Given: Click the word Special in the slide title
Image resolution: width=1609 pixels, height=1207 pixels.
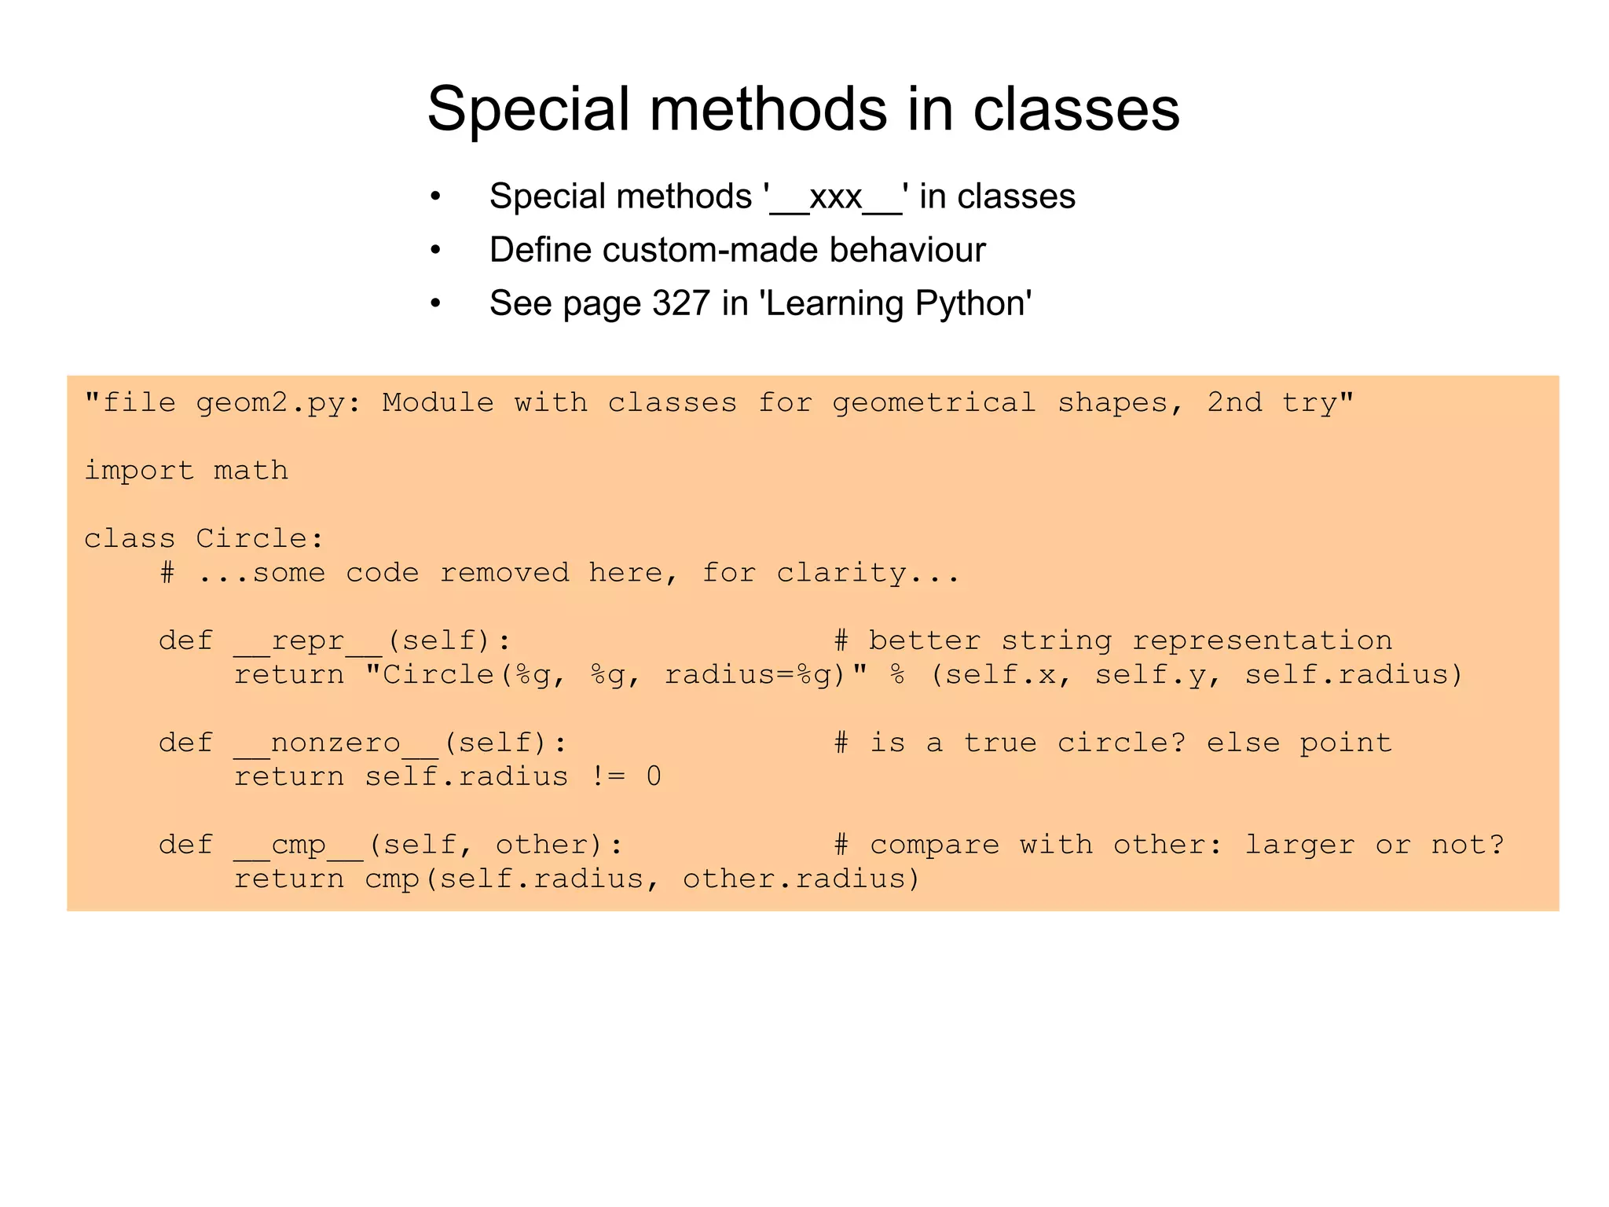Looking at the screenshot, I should tap(529, 110).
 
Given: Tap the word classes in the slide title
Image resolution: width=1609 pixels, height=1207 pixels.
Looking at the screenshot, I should tap(1076, 110).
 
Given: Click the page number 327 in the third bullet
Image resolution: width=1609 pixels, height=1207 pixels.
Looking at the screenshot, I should tap(680, 303).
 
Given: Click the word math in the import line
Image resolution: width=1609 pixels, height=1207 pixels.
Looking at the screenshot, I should tap(251, 471).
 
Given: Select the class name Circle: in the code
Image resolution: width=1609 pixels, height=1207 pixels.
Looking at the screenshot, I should tap(259, 539).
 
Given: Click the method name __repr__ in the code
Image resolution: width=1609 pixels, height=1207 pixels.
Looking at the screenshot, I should tap(307, 641).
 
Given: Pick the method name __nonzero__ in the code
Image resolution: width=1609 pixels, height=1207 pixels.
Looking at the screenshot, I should tap(335, 743).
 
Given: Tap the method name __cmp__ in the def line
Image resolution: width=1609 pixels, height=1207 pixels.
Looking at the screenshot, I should tap(298, 846).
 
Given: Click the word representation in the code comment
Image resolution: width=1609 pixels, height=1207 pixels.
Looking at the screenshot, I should tap(1262, 641).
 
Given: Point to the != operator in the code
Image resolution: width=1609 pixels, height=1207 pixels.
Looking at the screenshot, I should tap(607, 777).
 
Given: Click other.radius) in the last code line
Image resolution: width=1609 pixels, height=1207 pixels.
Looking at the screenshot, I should tap(801, 879).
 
